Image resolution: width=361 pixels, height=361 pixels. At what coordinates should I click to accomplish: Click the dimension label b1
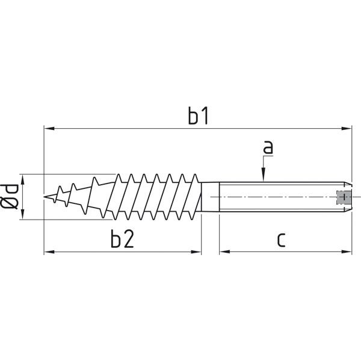point(198,116)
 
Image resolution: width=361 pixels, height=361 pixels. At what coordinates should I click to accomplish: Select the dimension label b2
point(122,238)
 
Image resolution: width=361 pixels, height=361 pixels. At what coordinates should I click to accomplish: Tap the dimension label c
point(281,240)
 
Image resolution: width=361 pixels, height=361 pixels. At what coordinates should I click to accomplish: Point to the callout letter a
point(268,147)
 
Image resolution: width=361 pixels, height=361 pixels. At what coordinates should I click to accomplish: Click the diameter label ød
point(9,197)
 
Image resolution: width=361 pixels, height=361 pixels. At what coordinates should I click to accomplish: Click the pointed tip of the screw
point(44,197)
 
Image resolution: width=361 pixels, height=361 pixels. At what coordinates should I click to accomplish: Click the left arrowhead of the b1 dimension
point(49,128)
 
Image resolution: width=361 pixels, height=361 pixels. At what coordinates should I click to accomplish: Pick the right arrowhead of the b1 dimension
point(347,128)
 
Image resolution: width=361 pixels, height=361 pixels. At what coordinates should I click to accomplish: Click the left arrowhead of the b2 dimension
point(49,252)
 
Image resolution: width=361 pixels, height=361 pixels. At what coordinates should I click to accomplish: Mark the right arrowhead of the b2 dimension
point(196,252)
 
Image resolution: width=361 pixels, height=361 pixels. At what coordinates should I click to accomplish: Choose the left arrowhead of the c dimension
point(224,252)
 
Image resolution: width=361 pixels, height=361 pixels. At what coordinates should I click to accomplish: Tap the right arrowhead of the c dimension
point(347,252)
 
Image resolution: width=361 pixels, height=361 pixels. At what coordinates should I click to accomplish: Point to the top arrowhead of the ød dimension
point(22,179)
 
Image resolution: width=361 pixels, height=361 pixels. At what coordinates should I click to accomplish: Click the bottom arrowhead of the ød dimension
point(22,214)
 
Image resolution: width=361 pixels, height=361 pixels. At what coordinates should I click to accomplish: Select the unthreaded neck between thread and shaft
point(210,197)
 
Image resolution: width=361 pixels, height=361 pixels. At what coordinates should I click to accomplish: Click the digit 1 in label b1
point(205,116)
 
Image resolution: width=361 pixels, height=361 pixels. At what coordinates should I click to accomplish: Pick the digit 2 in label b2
point(129,239)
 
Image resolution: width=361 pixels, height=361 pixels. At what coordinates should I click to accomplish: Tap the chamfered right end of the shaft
point(348,197)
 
